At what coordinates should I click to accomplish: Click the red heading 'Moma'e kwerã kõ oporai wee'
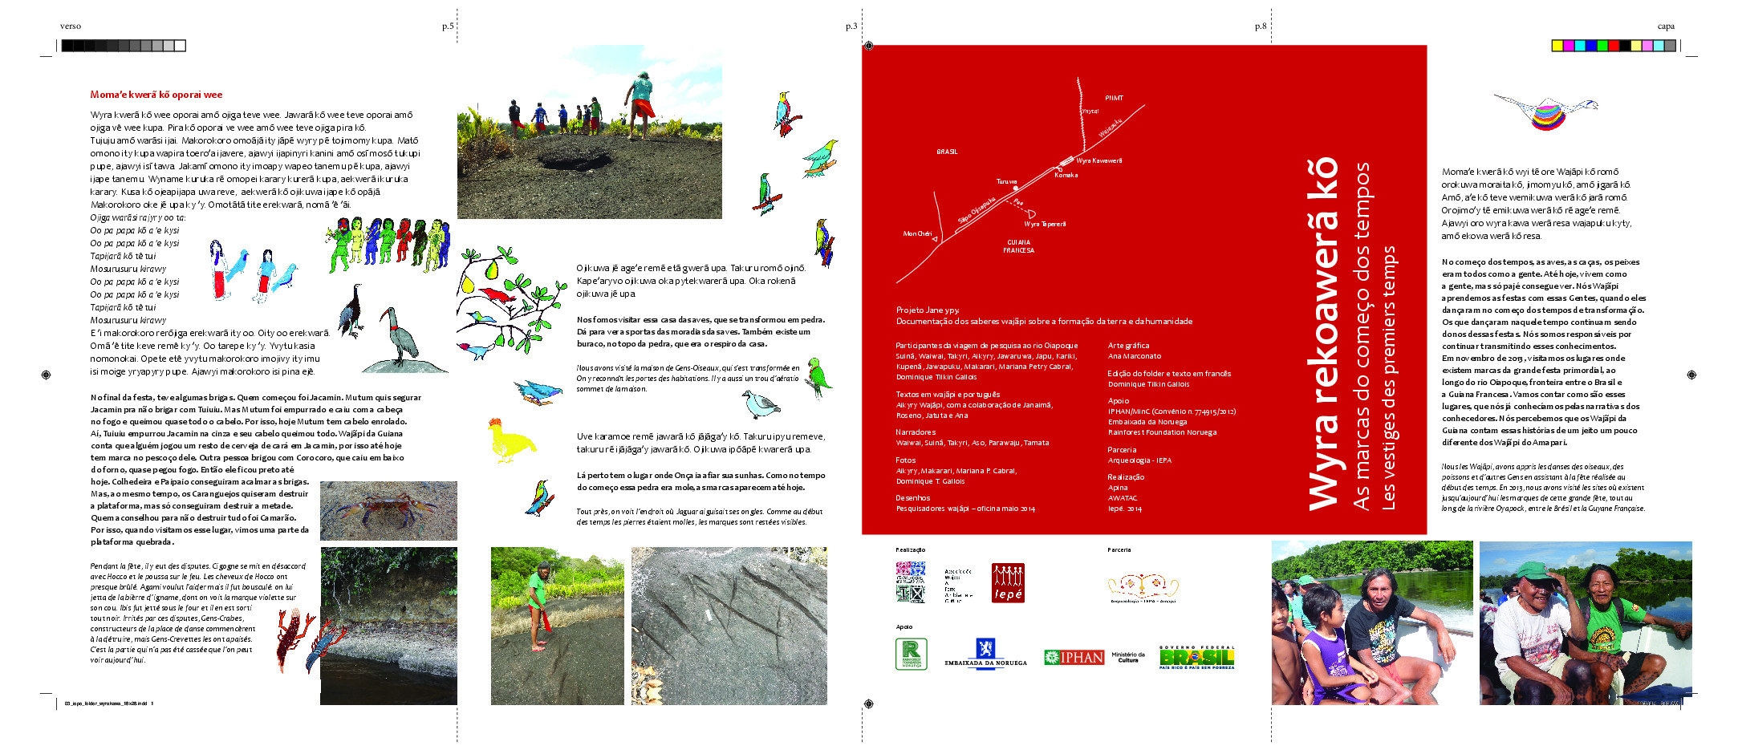coord(156,95)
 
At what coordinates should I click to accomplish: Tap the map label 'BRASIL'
coord(947,152)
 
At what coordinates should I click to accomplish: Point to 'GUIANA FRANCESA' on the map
coord(1018,246)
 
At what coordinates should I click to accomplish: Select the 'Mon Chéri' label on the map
coord(917,234)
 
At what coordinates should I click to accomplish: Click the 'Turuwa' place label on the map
coord(1006,182)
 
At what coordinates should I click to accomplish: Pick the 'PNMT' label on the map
coord(1114,98)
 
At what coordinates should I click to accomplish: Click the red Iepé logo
coord(1008,582)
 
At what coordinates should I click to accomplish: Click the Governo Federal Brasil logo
coord(1196,657)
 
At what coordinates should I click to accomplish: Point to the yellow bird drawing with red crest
coord(510,440)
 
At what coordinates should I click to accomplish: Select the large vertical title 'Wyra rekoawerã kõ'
coord(1324,334)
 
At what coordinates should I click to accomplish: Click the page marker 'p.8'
coord(1261,26)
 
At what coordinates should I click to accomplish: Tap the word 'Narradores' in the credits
coord(916,432)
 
